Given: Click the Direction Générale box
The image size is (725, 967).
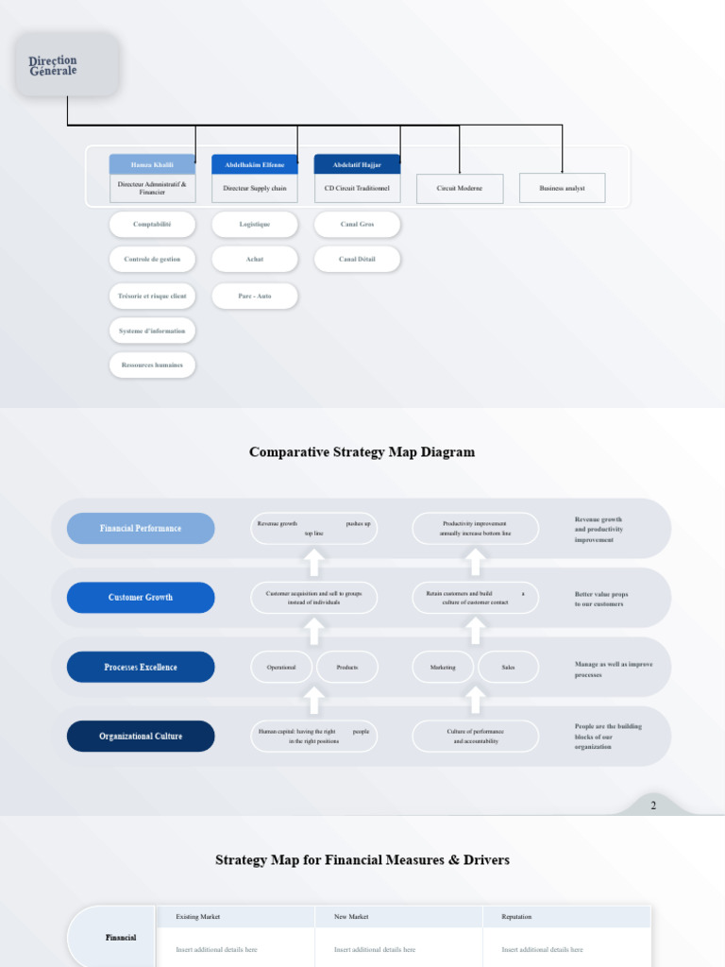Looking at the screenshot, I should click(x=67, y=65).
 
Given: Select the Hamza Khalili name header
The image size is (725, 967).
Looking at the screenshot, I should click(x=152, y=164).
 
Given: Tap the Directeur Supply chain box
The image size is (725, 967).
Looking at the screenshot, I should click(x=255, y=188).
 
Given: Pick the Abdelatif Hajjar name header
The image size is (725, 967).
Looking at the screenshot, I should click(x=357, y=164).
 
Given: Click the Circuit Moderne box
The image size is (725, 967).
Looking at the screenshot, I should click(x=460, y=188).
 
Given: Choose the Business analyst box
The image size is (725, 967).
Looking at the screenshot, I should click(x=562, y=188).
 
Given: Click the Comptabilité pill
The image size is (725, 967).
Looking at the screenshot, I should click(x=152, y=225).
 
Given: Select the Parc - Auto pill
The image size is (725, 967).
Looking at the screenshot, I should click(x=255, y=296).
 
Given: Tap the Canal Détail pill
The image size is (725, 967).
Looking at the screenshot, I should click(x=357, y=259).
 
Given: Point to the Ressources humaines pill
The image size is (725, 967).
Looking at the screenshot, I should click(x=152, y=365).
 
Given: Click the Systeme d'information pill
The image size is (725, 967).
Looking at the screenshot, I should click(x=152, y=331).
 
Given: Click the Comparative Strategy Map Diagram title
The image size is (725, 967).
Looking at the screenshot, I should click(x=362, y=452).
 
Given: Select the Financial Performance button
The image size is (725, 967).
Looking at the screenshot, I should click(x=141, y=529).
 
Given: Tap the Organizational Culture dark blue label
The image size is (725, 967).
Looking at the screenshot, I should click(x=141, y=737).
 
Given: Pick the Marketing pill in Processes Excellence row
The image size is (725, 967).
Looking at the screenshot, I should click(x=443, y=668).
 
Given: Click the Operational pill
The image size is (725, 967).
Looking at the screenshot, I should click(x=281, y=668).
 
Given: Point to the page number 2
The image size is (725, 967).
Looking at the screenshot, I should click(x=652, y=806).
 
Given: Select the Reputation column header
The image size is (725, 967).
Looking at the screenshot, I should click(x=516, y=917).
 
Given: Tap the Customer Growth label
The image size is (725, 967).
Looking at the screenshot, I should click(x=141, y=598).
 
